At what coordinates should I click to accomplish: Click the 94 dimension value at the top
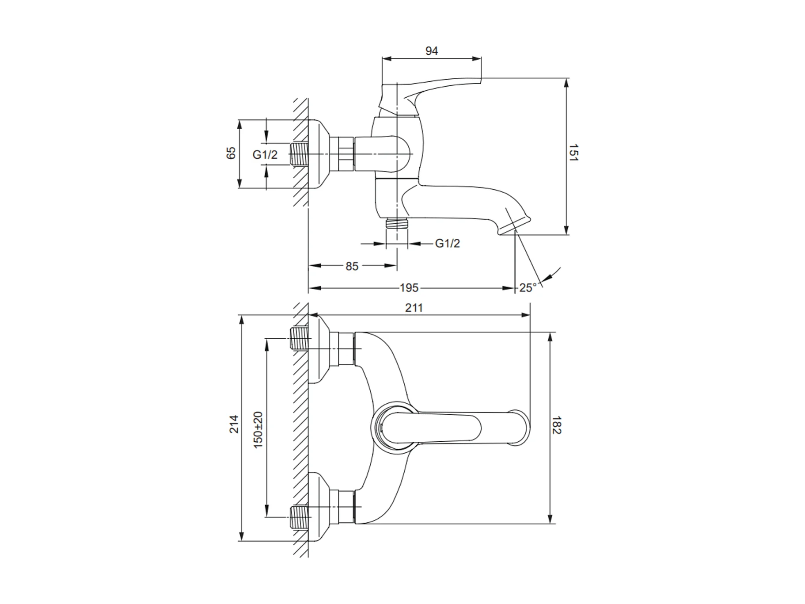[432, 51]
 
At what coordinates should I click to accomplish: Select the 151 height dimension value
[573, 153]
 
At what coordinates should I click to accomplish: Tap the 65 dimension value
[231, 153]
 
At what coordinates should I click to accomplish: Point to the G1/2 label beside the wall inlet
[265, 154]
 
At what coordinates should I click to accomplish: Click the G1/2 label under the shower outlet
[448, 243]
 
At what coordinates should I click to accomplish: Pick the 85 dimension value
[352, 266]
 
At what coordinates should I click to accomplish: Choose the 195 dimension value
[409, 288]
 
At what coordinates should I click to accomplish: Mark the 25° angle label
[528, 288]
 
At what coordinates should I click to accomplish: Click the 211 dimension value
[414, 308]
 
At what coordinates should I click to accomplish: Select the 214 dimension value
[234, 424]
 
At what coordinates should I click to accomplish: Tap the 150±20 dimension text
[258, 430]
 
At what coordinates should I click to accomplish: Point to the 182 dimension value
[556, 425]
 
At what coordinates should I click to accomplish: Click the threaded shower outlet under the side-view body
[396, 223]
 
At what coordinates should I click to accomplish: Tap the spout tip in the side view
[515, 226]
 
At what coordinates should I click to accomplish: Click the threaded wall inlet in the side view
[299, 154]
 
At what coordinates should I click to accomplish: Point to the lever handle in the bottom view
[455, 428]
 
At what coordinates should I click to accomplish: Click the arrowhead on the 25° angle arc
[546, 278]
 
